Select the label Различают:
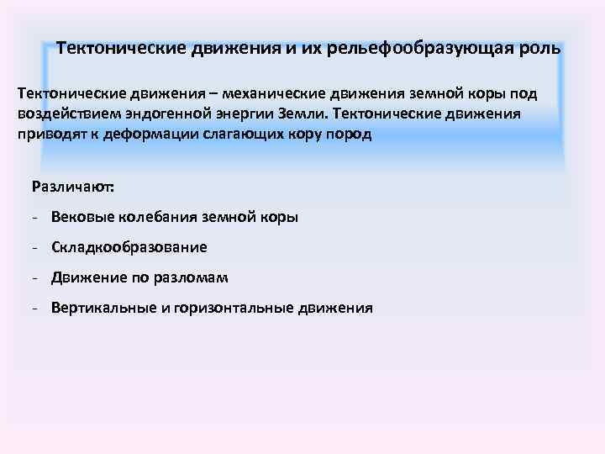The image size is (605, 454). pyautogui.click(x=71, y=186)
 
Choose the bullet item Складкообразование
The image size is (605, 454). pyautogui.click(x=129, y=247)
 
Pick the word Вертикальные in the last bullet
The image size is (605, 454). pyautogui.click(x=105, y=309)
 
